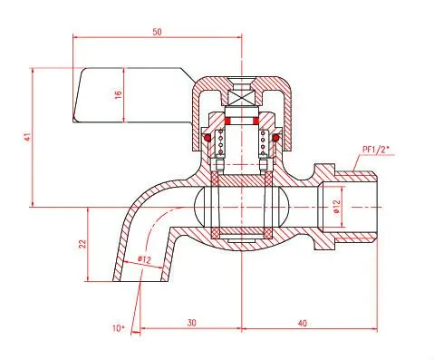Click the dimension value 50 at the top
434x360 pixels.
tap(157, 32)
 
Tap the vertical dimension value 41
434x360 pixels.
tap(28, 137)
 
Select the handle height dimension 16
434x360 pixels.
tap(118, 94)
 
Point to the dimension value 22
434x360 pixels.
tap(82, 244)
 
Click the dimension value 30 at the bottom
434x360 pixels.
tap(191, 323)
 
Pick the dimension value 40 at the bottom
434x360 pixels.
tap(303, 323)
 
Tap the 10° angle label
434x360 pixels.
tap(118, 328)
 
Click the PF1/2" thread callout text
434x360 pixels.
tap(376, 150)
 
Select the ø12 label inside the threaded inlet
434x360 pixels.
tap(337, 207)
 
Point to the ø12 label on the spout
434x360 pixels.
tap(144, 259)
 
